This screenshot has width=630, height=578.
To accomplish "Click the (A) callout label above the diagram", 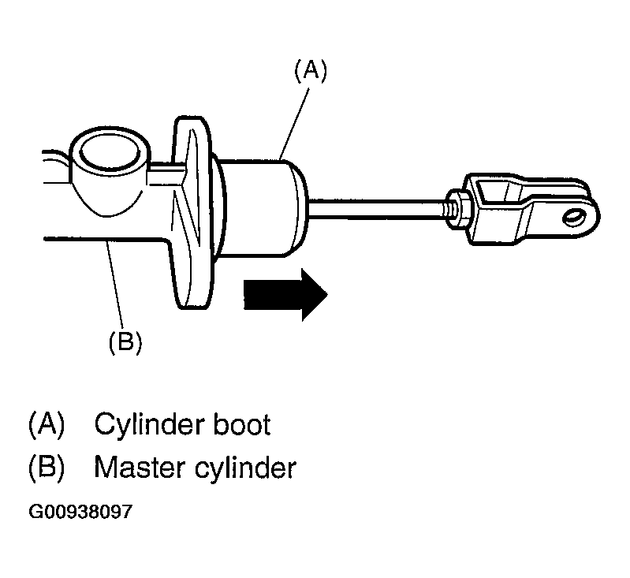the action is click(x=311, y=71).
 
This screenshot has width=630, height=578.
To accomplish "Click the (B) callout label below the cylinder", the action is click(x=125, y=342).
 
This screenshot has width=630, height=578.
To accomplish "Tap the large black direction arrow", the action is click(x=285, y=295).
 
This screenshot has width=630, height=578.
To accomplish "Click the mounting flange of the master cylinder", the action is click(x=192, y=212).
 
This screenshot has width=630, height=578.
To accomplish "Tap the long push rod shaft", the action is click(x=378, y=209).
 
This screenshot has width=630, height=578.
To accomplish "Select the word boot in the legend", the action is click(x=241, y=424).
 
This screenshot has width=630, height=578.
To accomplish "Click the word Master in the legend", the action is click(x=140, y=468).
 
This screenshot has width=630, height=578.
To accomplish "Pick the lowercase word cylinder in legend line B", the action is click(x=245, y=468).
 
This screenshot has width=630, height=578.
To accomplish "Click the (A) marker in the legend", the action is click(x=47, y=424).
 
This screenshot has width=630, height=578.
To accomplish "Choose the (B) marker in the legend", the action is click(x=47, y=468).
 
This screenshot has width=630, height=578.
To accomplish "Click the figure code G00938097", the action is click(x=80, y=512).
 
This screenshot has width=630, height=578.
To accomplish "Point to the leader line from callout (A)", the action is click(x=296, y=124).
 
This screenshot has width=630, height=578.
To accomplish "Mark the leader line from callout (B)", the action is click(x=115, y=284).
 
